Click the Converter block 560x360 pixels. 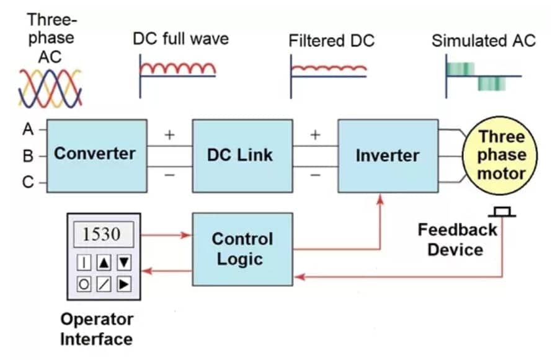pos(97,156)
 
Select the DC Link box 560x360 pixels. pos(242,156)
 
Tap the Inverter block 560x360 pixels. pos(388,156)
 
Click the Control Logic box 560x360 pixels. pos(242,249)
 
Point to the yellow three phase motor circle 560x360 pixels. pos(500,156)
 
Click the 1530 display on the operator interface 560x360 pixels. pos(104,234)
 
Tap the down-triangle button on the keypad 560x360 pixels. pos(124,263)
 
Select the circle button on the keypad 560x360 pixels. pos(84,284)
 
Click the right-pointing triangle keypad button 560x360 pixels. pos(124,284)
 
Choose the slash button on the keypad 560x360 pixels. pos(104,284)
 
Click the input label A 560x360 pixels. pos(28,129)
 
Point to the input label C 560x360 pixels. pos(28,182)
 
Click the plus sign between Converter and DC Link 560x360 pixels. pos(170,134)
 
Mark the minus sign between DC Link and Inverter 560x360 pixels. pos(315,175)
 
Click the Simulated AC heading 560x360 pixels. pos(484,41)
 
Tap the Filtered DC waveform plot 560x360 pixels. pos(329,76)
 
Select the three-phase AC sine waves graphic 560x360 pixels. pos(50,89)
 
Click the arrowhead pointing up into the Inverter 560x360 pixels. pos(380,199)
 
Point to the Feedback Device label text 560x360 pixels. pos(457,239)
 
